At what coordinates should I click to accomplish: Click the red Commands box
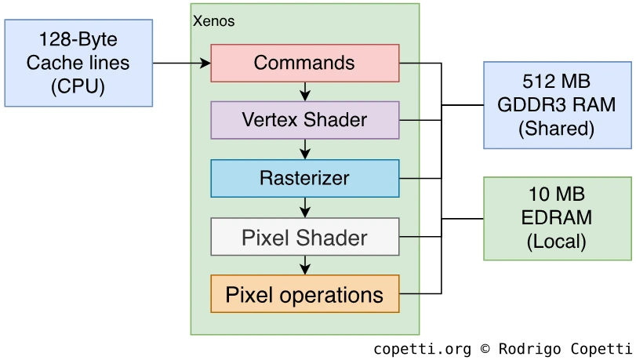pos(304,63)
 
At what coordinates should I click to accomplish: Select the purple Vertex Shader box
pos(304,120)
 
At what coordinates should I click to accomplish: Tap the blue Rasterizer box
pos(304,178)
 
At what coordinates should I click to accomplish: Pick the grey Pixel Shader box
pos(304,237)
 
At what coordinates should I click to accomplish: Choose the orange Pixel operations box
pos(304,295)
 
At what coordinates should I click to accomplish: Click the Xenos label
pos(213,21)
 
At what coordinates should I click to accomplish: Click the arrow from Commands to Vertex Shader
pos(305,92)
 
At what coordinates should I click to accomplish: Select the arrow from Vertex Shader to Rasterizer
pos(305,150)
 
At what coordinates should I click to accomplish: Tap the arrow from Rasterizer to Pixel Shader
pos(305,208)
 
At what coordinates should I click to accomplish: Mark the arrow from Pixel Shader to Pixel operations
pos(305,266)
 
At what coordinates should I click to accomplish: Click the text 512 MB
pos(556,82)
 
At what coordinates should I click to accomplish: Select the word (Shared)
pos(556,128)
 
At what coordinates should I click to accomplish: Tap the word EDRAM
pos(556,218)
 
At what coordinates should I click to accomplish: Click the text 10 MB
pos(556,195)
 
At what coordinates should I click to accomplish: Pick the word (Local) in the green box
pos(556,241)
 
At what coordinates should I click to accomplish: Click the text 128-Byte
pos(78,39)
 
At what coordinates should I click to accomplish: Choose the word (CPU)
pos(78,86)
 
